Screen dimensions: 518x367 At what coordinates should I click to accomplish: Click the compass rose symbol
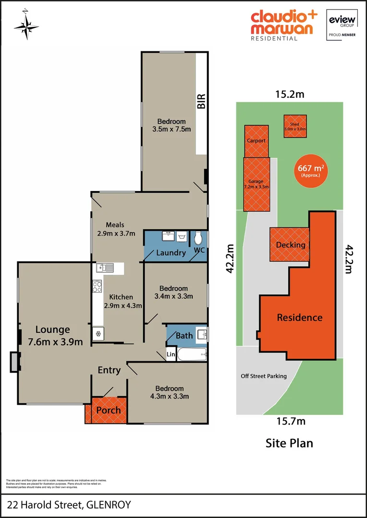(x=26, y=26)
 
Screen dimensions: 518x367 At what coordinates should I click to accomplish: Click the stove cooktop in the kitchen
(x=98, y=287)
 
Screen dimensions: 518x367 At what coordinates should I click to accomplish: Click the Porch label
(x=109, y=410)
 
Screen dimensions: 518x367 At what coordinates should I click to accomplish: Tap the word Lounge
(x=52, y=330)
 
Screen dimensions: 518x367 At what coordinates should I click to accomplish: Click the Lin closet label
(x=171, y=355)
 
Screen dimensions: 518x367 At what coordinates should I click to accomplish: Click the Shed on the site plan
(x=294, y=127)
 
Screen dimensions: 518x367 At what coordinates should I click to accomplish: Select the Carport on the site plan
(x=256, y=141)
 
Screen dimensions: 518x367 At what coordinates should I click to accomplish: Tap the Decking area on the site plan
(x=290, y=245)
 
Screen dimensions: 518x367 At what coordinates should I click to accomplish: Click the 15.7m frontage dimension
(x=291, y=422)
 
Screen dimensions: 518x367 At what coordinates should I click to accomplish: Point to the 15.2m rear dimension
(x=289, y=94)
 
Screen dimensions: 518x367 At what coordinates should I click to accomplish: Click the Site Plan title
(x=289, y=443)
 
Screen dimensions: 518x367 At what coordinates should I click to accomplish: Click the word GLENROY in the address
(x=109, y=505)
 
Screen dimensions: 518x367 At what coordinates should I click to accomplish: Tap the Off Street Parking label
(x=264, y=376)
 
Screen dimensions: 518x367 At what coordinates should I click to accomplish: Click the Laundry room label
(x=171, y=252)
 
